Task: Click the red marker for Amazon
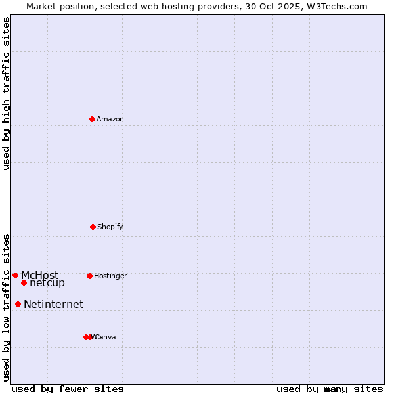coord(93,119)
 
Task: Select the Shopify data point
coord(93,227)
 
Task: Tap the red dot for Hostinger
coord(89,276)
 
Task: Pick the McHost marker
coord(15,275)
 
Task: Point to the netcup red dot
coord(24,282)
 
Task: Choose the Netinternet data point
coord(18,304)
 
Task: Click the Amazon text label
coord(110,120)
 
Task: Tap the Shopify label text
coord(110,227)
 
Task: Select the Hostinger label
coord(110,276)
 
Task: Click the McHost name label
coord(39,275)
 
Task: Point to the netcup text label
coord(47,283)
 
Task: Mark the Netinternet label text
coord(54,304)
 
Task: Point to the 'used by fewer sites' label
coord(68,389)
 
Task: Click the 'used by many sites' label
coord(330,389)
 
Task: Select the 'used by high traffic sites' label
coord(7,93)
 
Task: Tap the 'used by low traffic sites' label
coord(7,307)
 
